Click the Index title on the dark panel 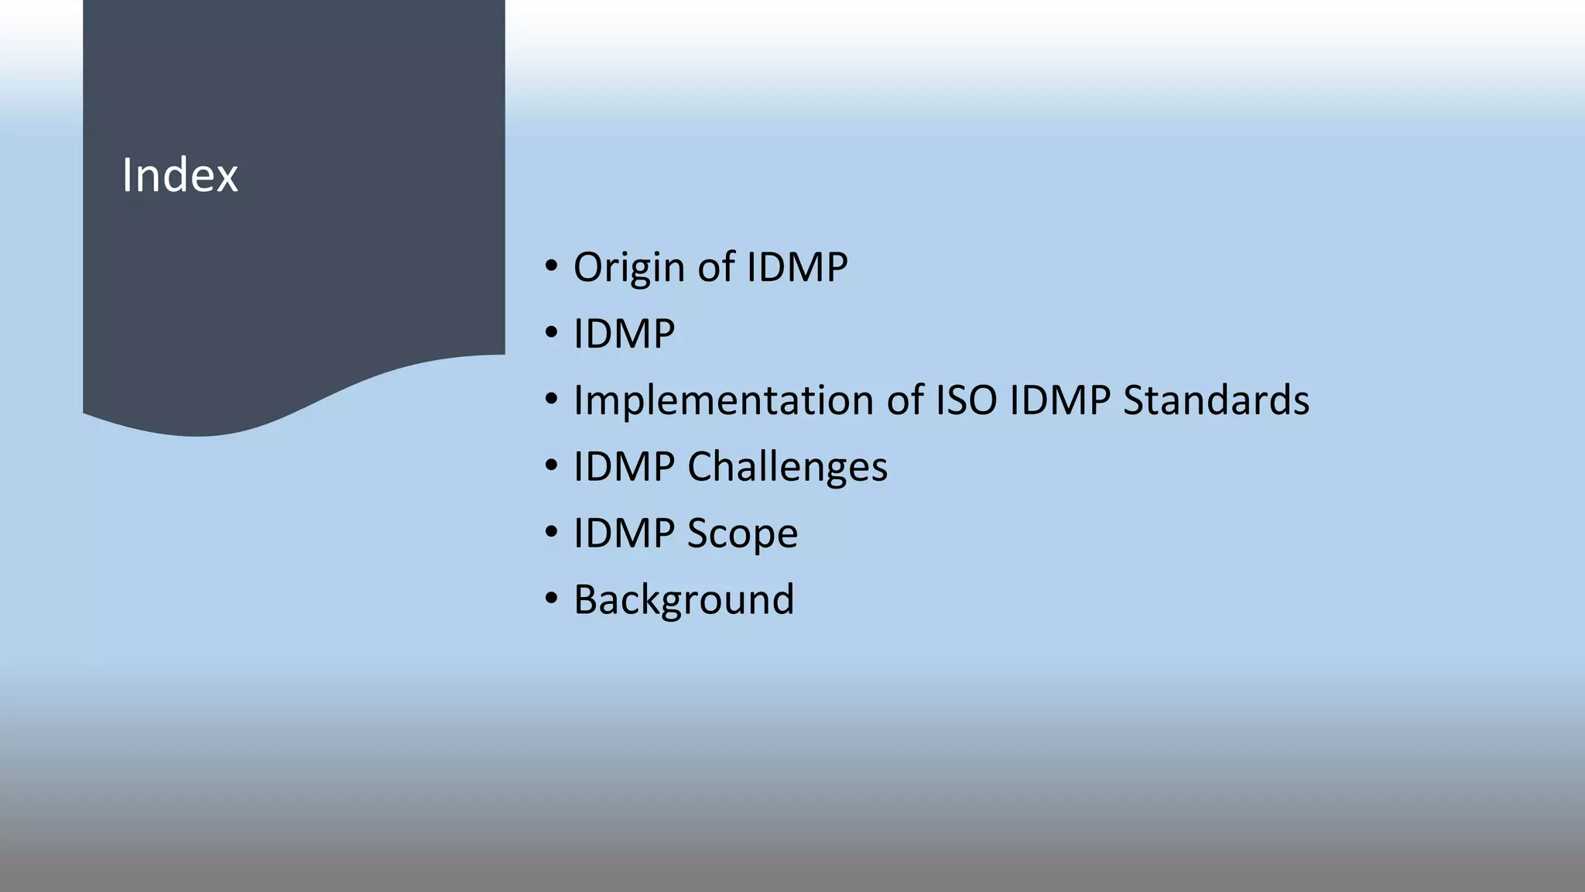pos(180,175)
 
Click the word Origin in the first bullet pos(628,268)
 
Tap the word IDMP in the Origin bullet pos(796,267)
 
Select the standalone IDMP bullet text pos(624,334)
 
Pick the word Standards pos(1216,400)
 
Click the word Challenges pos(787,467)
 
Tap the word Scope pos(742,533)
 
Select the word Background pos(683,599)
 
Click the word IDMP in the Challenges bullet pos(624,467)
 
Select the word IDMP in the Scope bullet pos(624,533)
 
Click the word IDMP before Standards pos(1060,400)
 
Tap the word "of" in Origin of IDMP pos(716,267)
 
